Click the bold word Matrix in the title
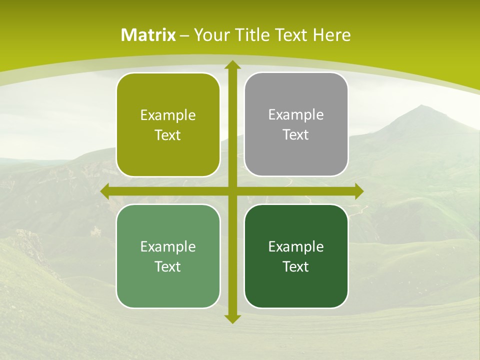click(x=148, y=35)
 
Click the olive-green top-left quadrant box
click(x=168, y=125)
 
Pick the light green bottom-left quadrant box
click(x=168, y=256)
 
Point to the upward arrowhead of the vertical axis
click(x=232, y=65)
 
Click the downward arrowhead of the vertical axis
click(x=232, y=318)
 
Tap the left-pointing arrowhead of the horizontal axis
click(x=105, y=191)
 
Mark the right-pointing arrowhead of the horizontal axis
click(x=359, y=191)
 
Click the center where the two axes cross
click(x=232, y=191)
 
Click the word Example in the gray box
click(x=296, y=115)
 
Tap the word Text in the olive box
click(x=168, y=135)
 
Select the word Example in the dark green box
click(x=296, y=246)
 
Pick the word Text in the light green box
click(x=168, y=267)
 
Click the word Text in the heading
click(x=291, y=35)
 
